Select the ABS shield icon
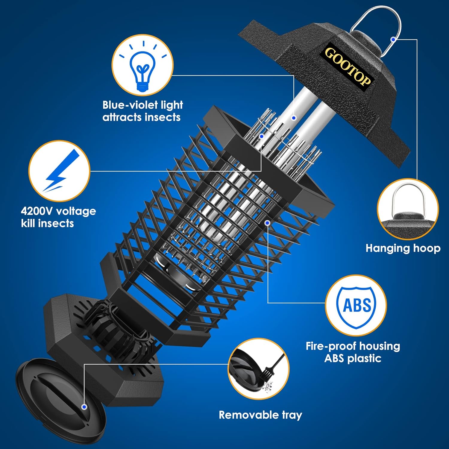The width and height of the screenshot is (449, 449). [x=356, y=306]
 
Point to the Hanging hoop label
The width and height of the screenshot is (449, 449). [x=403, y=248]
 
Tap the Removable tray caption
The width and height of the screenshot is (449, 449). [x=260, y=415]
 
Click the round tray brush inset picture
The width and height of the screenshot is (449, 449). [x=259, y=369]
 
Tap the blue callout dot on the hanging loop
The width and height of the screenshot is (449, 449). [x=393, y=40]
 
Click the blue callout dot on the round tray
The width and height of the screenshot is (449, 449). [x=84, y=407]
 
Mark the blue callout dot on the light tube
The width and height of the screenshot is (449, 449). [x=294, y=118]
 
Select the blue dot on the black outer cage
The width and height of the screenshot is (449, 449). [x=268, y=223]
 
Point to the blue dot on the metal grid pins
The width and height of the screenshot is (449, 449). [x=261, y=136]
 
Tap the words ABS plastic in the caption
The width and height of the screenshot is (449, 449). [x=353, y=358]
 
